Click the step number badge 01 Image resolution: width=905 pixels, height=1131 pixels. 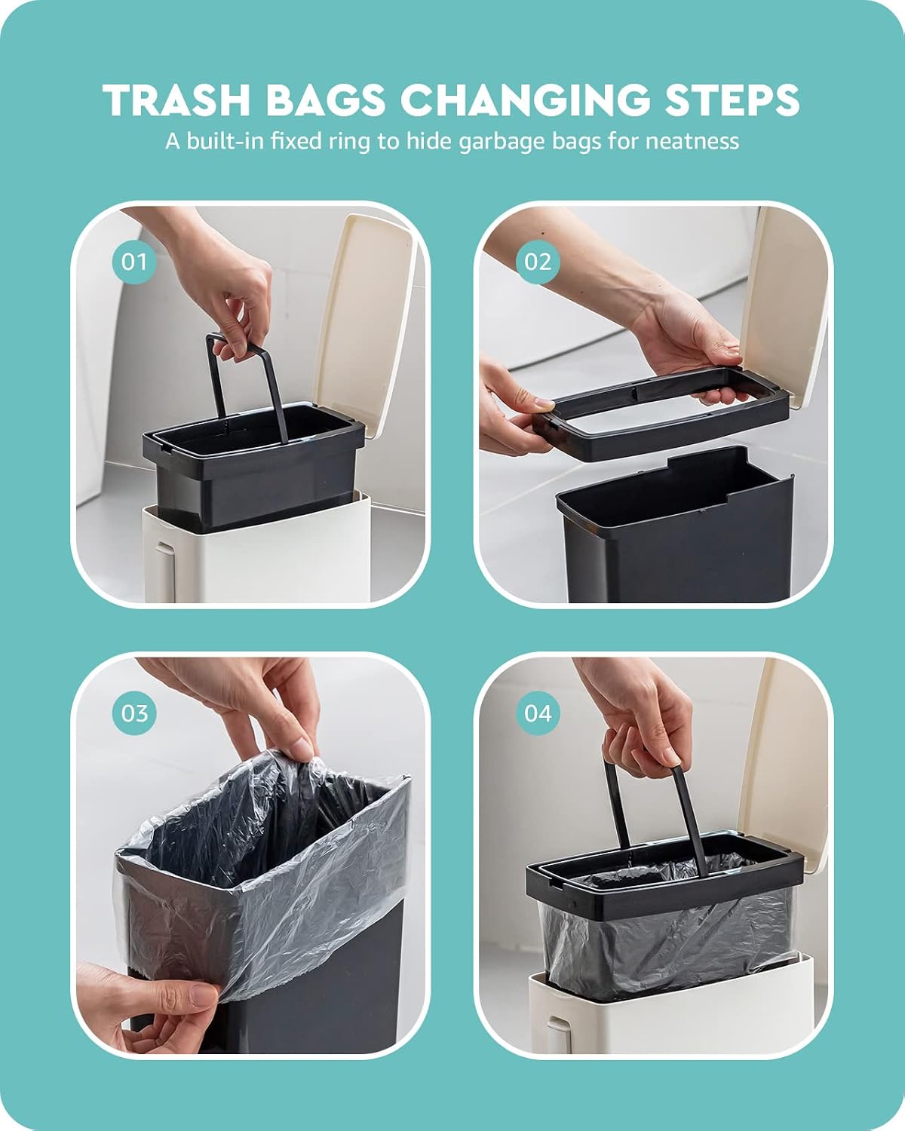click(x=134, y=262)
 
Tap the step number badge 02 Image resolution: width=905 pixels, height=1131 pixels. click(x=538, y=262)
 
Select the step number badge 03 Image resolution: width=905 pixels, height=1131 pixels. click(x=134, y=713)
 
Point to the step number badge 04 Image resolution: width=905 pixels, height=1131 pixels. click(x=538, y=713)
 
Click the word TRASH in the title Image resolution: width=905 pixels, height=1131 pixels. click(x=176, y=100)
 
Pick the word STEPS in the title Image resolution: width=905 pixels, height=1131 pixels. click(x=732, y=100)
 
